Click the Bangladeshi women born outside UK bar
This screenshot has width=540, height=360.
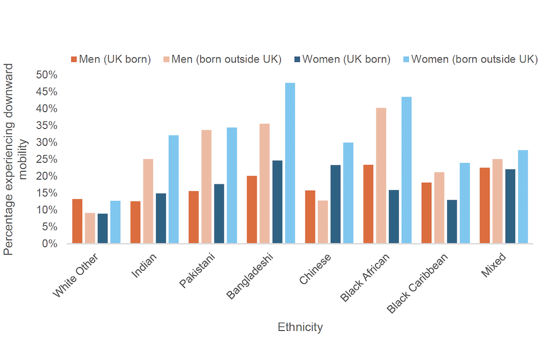[290, 163]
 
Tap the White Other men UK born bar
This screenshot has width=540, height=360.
[77, 221]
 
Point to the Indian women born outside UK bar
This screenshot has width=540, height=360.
[173, 189]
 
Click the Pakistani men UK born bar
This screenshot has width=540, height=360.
[193, 217]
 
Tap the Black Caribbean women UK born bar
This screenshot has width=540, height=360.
[452, 222]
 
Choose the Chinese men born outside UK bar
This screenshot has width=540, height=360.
[323, 222]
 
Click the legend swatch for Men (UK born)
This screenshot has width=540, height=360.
[74, 59]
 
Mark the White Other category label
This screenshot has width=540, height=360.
[76, 276]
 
